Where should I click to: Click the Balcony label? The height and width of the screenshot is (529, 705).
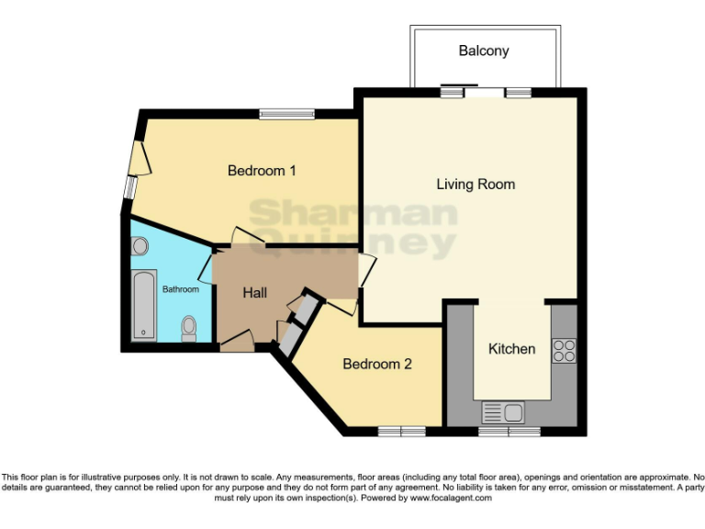click(x=484, y=51)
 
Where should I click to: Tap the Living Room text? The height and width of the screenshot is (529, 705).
click(x=475, y=185)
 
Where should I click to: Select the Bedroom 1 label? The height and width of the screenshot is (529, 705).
click(x=262, y=171)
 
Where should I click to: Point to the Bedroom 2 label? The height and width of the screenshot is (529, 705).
click(x=376, y=365)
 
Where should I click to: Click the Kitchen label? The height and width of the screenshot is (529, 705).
click(x=511, y=349)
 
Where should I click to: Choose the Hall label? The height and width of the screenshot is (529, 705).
click(x=255, y=293)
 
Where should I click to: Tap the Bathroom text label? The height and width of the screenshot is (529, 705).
click(x=181, y=289)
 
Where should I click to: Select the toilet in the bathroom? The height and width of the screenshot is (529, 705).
click(x=189, y=328)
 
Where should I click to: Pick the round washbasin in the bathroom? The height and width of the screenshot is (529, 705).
click(x=140, y=246)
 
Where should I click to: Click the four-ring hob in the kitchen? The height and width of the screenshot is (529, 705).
click(x=563, y=350)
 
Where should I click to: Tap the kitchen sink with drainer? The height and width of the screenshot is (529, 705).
click(x=504, y=412)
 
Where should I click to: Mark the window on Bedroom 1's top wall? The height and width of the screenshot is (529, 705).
click(x=286, y=115)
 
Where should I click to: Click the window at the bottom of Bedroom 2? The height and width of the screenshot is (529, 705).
click(x=402, y=431)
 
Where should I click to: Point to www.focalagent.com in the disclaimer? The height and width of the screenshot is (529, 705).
click(x=450, y=498)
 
